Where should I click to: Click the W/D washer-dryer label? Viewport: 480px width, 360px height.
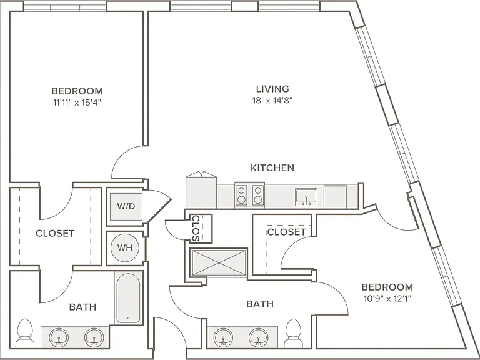click(x=126, y=206)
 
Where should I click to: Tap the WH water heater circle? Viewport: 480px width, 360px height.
click(x=125, y=247)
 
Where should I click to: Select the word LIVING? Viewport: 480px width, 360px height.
click(x=272, y=89)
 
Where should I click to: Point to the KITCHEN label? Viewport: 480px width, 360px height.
click(x=272, y=167)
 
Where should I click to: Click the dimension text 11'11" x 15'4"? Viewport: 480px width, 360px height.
click(x=77, y=102)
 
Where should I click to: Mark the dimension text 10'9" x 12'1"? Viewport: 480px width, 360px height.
click(x=387, y=299)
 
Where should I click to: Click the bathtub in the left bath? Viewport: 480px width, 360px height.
click(x=129, y=298)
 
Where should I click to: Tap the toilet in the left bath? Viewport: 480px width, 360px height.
click(x=25, y=333)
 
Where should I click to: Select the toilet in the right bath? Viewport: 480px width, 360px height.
click(x=293, y=333)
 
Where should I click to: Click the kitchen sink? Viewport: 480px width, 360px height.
click(x=306, y=197)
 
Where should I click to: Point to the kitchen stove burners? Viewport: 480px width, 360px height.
click(x=249, y=195)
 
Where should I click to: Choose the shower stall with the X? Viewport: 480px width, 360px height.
click(x=219, y=262)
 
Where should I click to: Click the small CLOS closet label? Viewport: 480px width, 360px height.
click(x=196, y=228)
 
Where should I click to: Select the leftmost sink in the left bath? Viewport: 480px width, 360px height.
click(x=59, y=337)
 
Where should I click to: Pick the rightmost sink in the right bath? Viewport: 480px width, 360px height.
click(x=259, y=337)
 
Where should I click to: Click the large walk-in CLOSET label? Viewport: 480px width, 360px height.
click(x=55, y=234)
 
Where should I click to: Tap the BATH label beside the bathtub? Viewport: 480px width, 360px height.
click(x=82, y=307)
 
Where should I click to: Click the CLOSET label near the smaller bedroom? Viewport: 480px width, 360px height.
click(x=286, y=232)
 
